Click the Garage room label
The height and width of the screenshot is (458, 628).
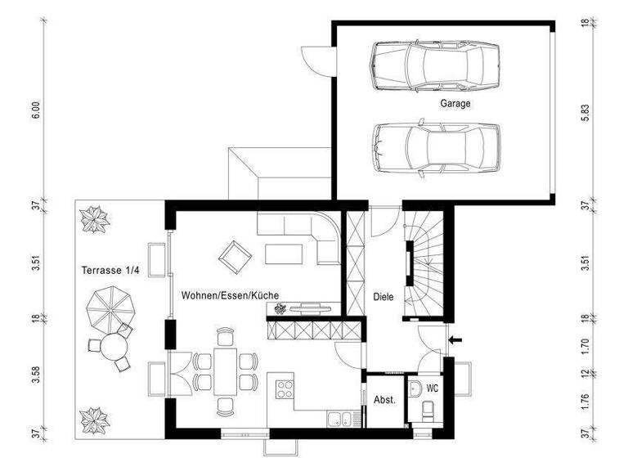coord(455,104)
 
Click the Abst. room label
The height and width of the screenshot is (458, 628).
coord(384,400)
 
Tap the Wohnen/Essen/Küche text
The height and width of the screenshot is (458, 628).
coord(231,294)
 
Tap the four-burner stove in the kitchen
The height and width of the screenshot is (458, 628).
coord(285,388)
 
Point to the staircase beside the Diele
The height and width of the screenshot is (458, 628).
coord(427,262)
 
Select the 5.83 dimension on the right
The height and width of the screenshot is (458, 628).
coord(585,114)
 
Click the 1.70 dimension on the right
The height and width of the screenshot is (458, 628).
coord(585,346)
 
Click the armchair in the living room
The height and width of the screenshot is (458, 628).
coord(235,257)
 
